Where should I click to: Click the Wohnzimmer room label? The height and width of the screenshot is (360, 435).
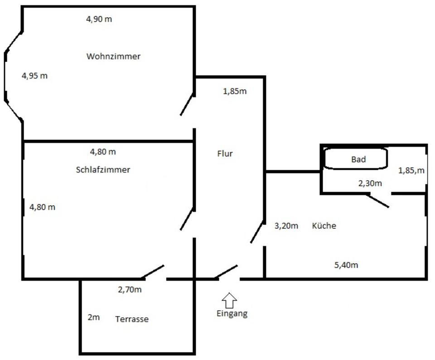(113, 57)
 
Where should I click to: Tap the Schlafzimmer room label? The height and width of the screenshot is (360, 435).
(103, 170)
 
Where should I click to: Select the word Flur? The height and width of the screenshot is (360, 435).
(225, 154)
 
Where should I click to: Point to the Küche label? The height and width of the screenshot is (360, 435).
(324, 226)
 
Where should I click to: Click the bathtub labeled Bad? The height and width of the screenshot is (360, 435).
(356, 159)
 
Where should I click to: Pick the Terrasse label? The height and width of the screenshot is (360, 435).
(131, 319)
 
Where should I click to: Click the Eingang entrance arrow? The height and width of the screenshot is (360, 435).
(230, 300)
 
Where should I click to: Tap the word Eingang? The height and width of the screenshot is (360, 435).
(232, 313)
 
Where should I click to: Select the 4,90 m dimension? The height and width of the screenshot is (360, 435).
(99, 19)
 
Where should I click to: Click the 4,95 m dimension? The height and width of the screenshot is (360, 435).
(34, 76)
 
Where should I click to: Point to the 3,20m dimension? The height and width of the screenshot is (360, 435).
(286, 226)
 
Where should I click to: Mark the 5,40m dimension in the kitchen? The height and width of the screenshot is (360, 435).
(346, 265)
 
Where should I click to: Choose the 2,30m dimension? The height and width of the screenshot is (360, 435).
(370, 183)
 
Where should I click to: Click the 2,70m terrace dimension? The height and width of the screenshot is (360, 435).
(130, 290)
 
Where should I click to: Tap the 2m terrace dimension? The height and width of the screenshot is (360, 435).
(93, 317)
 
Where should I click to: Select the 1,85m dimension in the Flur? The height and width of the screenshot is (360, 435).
(235, 91)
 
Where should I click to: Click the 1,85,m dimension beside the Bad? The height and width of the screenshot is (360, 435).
(411, 170)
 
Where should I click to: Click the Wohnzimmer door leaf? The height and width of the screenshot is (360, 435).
(187, 105)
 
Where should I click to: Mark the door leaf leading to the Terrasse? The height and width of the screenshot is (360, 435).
(153, 272)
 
